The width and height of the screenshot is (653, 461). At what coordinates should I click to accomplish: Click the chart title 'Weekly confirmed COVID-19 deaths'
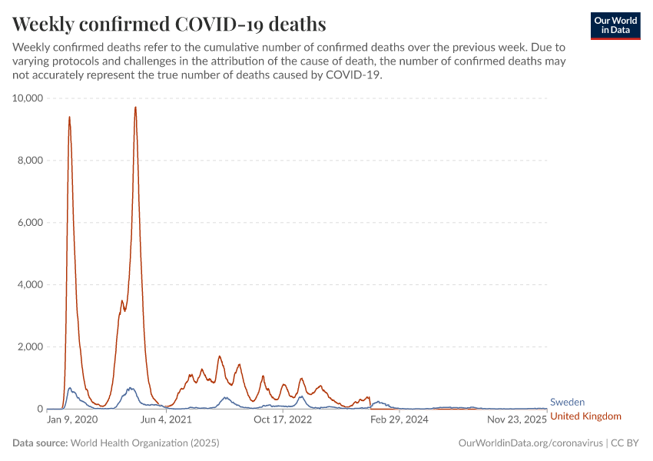[169, 25]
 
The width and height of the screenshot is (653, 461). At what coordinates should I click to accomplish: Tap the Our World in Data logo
[615, 25]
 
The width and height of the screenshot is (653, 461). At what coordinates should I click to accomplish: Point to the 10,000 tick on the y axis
[28, 98]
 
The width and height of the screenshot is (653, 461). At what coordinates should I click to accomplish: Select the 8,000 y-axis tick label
[30, 161]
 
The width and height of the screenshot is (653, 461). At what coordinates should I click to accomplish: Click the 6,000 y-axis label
[30, 223]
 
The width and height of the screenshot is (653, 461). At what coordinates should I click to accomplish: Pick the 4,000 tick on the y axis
[30, 285]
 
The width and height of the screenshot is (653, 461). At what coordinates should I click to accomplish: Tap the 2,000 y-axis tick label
[30, 347]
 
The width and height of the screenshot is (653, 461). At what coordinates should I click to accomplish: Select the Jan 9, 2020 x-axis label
[72, 420]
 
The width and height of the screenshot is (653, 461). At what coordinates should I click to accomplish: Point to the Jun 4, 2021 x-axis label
[164, 420]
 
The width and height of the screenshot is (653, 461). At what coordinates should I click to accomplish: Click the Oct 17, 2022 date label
[282, 420]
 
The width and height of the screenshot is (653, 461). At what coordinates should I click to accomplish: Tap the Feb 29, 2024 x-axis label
[399, 420]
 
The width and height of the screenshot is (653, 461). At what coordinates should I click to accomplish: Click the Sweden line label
[568, 402]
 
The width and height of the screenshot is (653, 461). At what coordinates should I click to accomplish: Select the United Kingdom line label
[585, 416]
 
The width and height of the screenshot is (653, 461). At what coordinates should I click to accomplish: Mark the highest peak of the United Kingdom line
[135, 108]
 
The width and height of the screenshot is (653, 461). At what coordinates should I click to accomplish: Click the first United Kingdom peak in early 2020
[69, 117]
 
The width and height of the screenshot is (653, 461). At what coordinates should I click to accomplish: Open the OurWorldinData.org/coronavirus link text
[530, 443]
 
